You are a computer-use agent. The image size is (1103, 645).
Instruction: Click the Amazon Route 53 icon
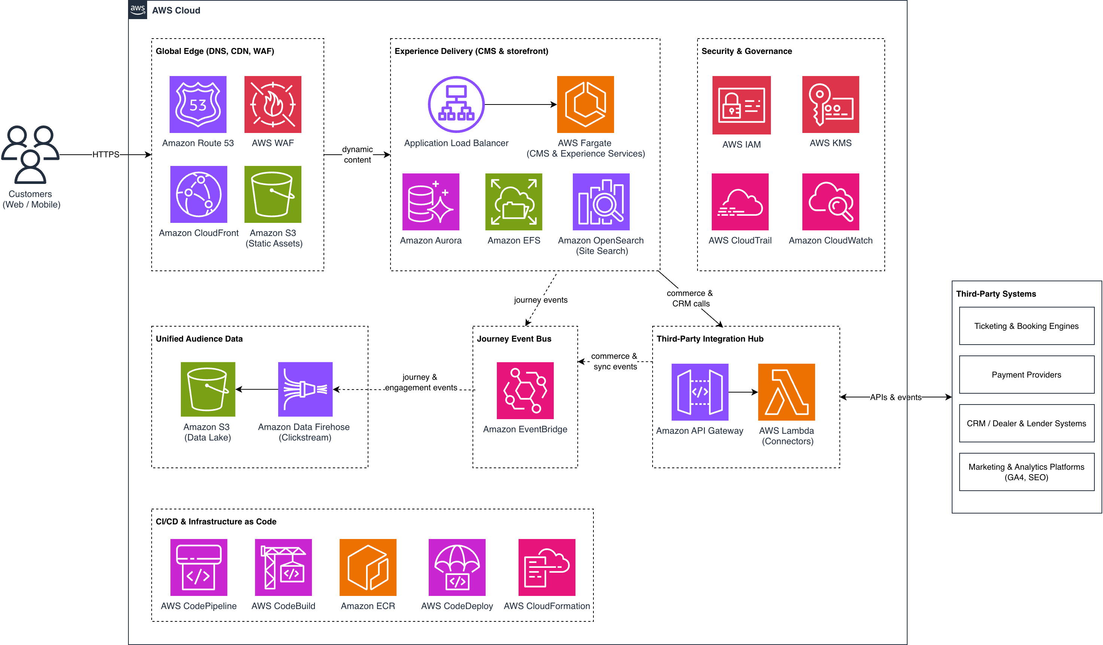[x=198, y=104]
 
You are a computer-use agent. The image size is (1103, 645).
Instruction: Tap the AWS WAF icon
[x=273, y=104]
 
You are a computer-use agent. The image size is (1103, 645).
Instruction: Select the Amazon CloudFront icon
[x=199, y=194]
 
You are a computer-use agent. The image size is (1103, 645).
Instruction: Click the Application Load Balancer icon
[x=456, y=104]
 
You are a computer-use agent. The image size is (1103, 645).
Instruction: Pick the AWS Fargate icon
[x=586, y=104]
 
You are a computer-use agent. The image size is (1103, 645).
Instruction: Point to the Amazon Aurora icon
[x=431, y=202]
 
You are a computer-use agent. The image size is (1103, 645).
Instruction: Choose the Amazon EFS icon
[x=514, y=202]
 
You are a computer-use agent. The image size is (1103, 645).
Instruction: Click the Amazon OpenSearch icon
[x=601, y=202]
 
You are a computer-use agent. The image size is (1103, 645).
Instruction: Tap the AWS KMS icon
[x=831, y=104]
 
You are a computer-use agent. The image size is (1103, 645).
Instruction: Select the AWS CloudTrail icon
[x=740, y=202]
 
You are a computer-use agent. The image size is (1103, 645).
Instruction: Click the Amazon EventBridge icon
[x=525, y=391]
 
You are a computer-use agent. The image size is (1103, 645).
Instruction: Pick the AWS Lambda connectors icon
[x=787, y=392]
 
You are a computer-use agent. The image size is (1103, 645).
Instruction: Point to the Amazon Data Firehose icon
[x=306, y=389]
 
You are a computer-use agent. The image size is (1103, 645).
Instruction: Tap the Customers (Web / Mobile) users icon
[x=30, y=155]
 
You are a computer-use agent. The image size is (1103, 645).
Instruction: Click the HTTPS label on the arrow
[x=106, y=155]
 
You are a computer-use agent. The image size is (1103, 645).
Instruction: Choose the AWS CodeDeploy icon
[x=457, y=567]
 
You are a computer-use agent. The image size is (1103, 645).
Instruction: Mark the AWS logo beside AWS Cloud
[x=138, y=10]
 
